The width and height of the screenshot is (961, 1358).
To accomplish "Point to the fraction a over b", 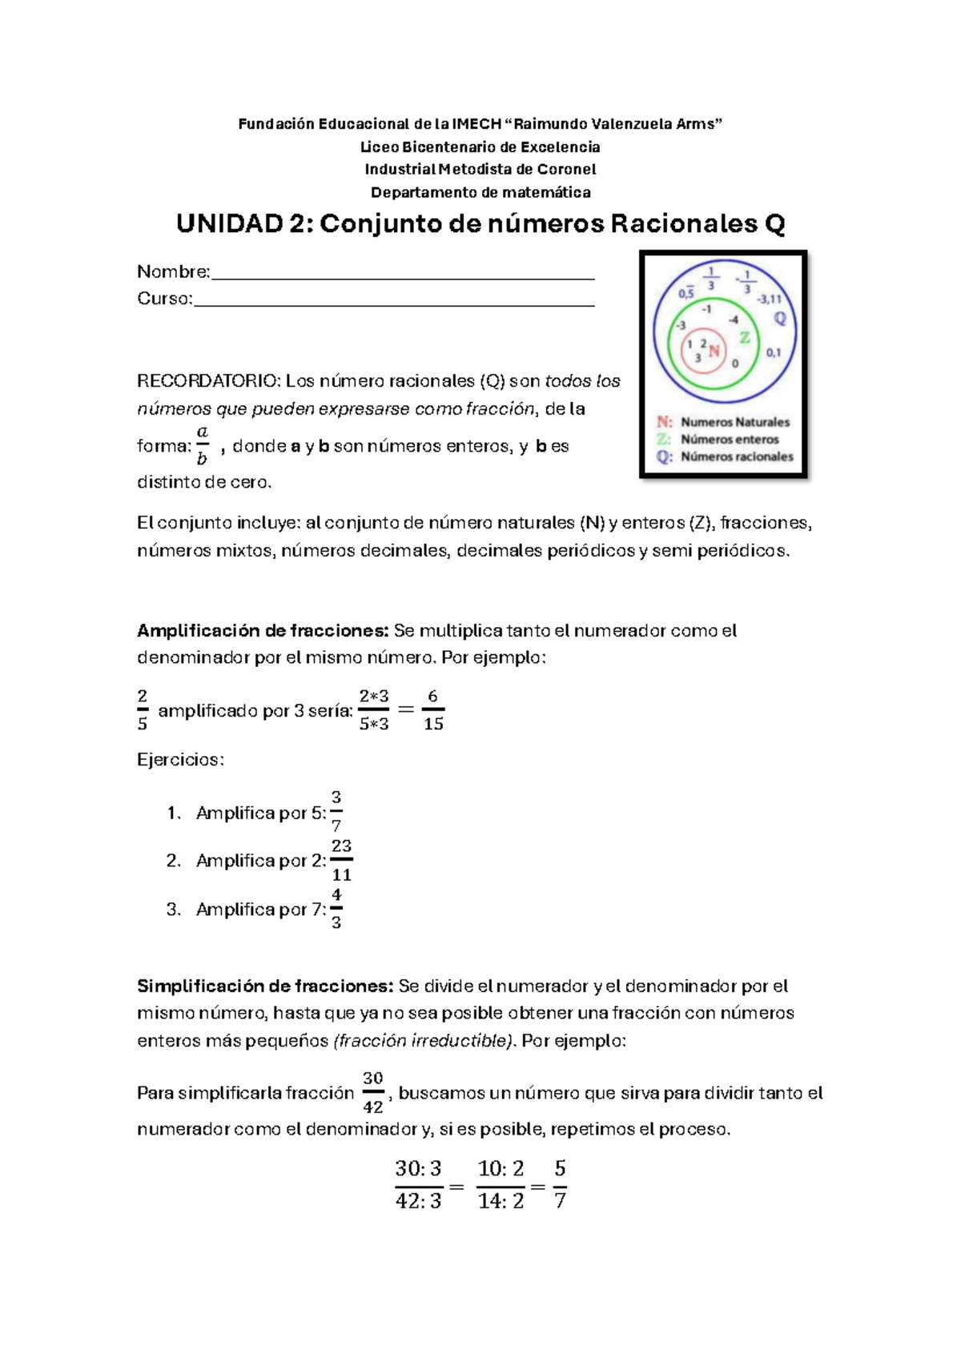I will (x=202, y=445).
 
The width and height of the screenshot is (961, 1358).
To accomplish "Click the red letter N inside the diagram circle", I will (x=714, y=351).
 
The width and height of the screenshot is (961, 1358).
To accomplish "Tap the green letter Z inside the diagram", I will (x=745, y=337).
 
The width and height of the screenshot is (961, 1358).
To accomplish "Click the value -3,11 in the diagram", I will (x=769, y=299).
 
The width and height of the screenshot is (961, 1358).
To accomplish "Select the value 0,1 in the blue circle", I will (x=774, y=352).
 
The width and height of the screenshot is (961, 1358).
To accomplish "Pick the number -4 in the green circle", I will (x=733, y=319).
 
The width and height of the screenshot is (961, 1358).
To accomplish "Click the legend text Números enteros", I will (x=730, y=440).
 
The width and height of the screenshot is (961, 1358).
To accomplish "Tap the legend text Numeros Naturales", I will (x=735, y=422).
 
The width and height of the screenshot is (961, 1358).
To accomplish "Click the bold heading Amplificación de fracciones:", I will (x=263, y=630).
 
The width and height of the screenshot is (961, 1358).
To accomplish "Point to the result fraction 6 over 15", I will (x=433, y=709).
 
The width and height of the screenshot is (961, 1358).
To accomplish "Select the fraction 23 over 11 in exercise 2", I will (x=342, y=860).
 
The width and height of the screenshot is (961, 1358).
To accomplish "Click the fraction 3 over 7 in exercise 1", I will (x=336, y=811).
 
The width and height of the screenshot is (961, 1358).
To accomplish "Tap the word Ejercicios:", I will (x=180, y=759).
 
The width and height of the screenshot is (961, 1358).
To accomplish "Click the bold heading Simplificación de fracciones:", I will (x=265, y=986).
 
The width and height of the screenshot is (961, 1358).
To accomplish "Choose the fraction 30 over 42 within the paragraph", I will (x=373, y=1092).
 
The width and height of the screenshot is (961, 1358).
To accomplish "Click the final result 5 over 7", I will (x=560, y=1184).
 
